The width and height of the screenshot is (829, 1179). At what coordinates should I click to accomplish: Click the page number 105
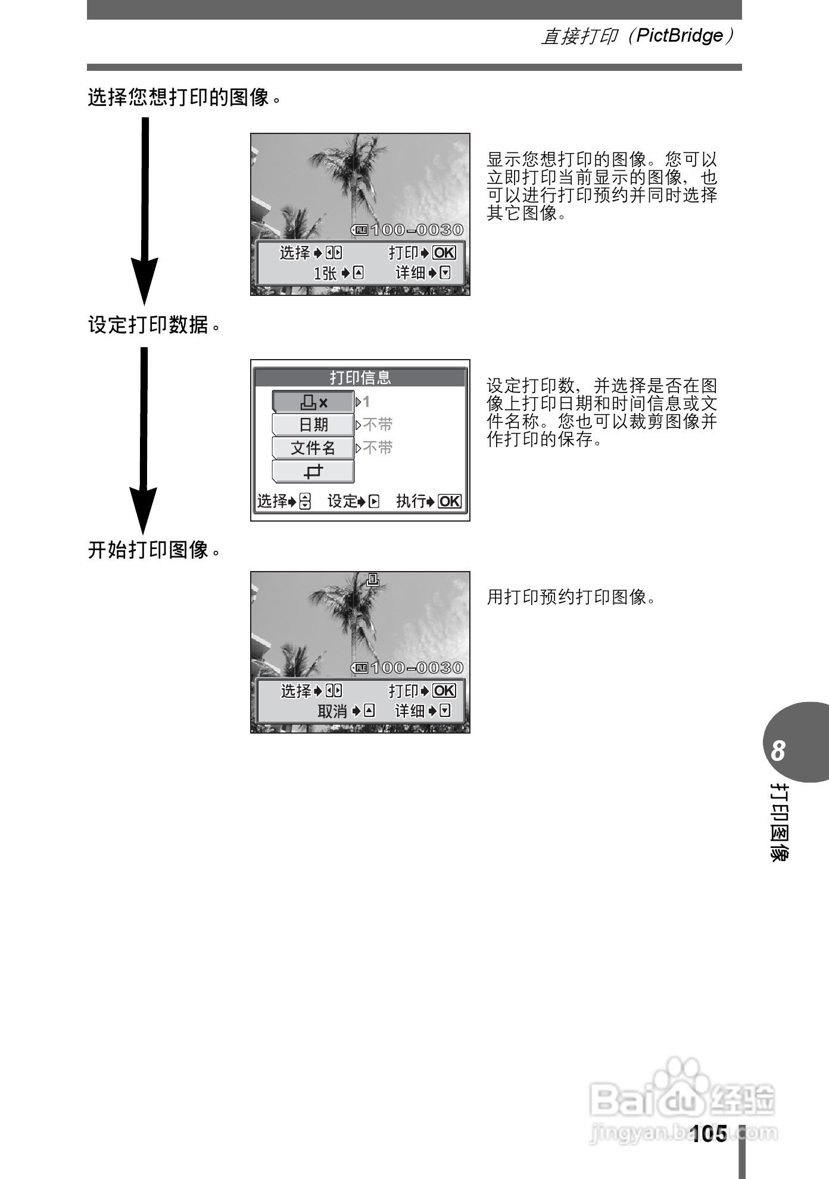point(709,1134)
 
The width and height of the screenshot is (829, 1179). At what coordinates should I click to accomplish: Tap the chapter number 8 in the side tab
point(778,751)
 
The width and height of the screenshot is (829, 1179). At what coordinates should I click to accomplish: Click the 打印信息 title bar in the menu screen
point(360,378)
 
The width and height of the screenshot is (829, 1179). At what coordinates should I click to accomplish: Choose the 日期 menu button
point(313,425)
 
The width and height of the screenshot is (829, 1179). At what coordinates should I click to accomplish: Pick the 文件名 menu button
point(313,448)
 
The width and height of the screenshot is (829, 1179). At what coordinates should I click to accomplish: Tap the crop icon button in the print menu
point(313,472)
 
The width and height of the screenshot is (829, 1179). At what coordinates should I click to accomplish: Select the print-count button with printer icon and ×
point(313,403)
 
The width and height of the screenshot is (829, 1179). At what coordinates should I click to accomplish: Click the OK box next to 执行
point(450,501)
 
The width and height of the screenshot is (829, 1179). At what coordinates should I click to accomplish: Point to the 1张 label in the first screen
point(325,273)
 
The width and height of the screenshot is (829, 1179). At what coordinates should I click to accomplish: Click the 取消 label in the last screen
point(332,712)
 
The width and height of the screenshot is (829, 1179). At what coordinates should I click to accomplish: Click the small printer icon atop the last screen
point(373,579)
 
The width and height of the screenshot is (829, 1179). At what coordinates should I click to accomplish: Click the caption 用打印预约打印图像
point(571,597)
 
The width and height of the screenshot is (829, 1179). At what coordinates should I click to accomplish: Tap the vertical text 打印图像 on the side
point(779,822)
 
